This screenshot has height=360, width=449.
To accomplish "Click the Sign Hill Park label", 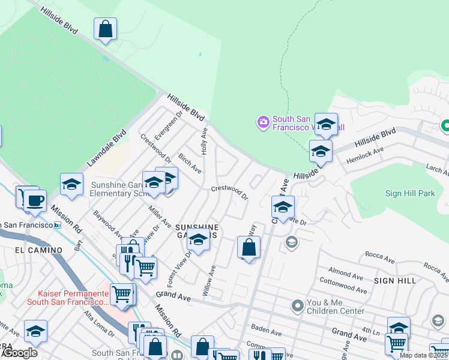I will pos(409,194).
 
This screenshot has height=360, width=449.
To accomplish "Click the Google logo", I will pos(19,353).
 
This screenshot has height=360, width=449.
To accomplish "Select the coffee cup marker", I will pos(34,200).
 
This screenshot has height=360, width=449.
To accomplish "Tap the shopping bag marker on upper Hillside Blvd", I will pos(105,28).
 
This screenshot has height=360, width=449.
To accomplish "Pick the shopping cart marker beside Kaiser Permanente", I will pos(122,294).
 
